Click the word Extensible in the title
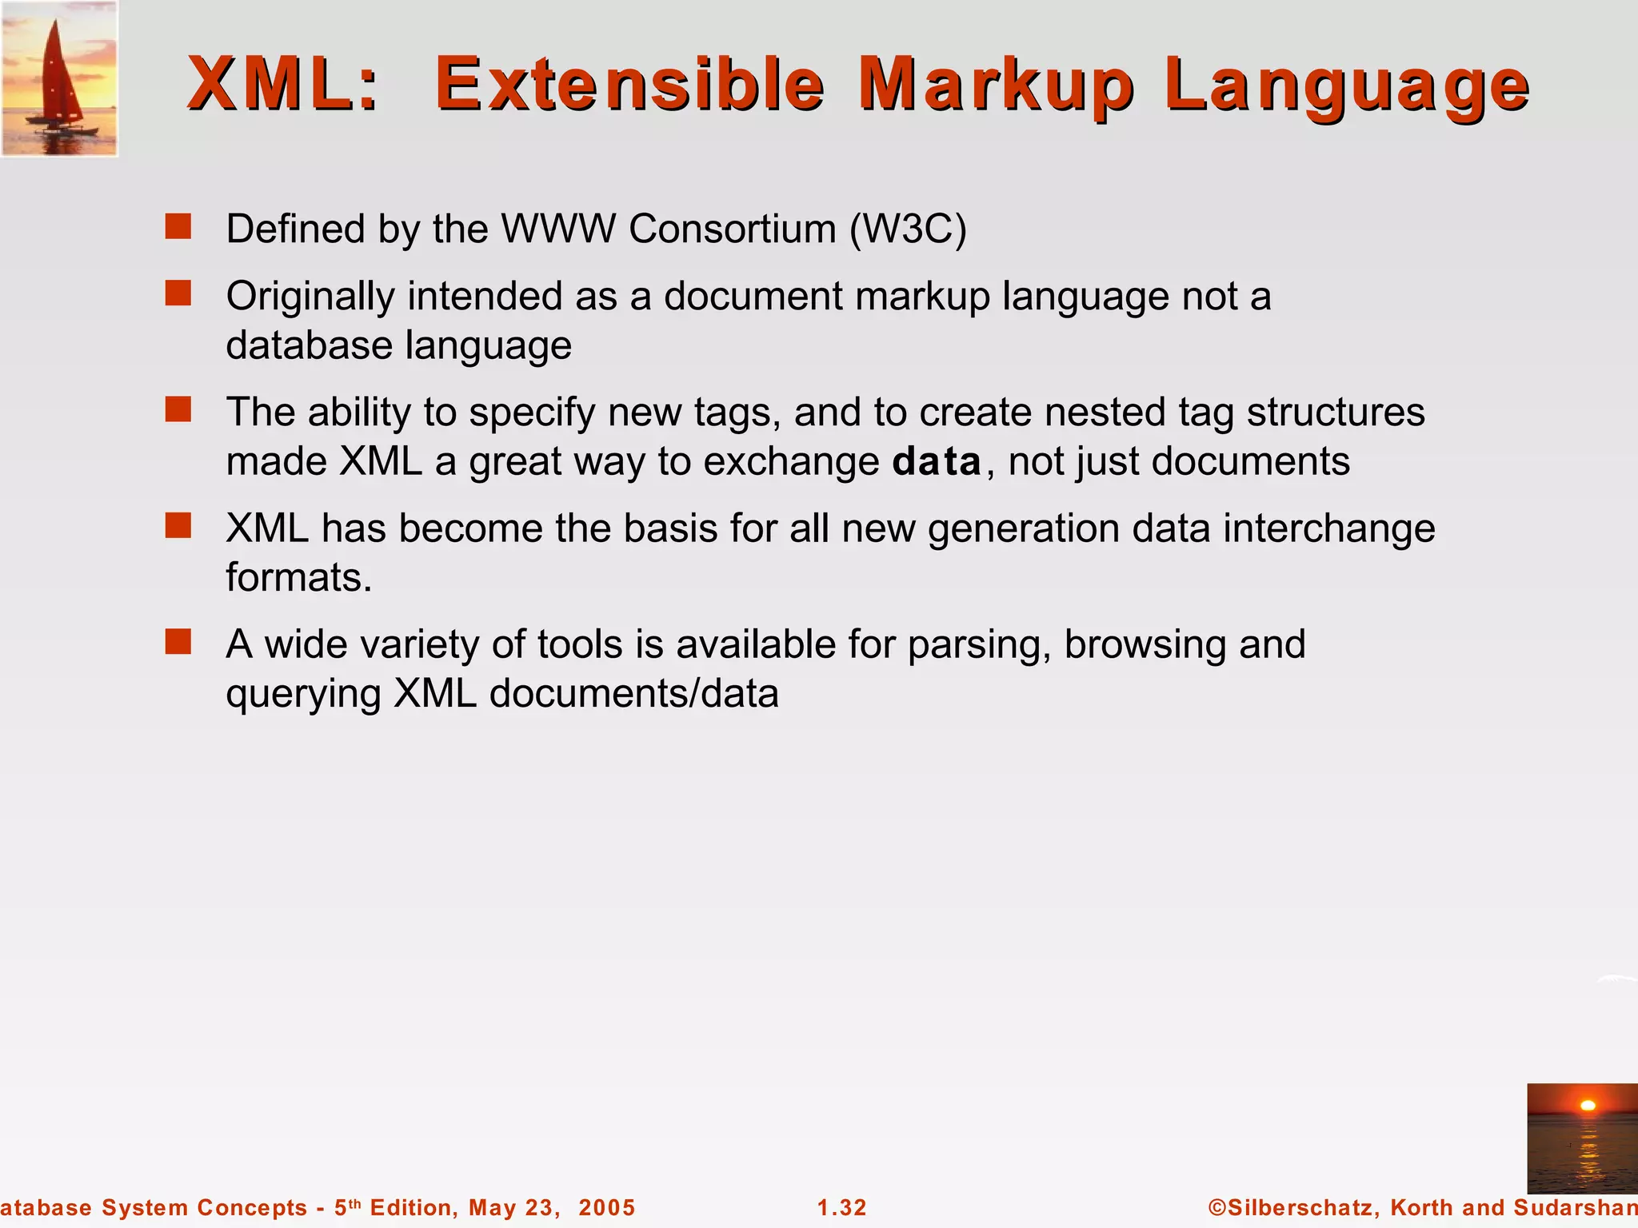(x=629, y=85)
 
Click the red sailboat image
(x=59, y=78)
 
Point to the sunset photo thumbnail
(x=1581, y=1138)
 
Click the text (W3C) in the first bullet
(x=908, y=229)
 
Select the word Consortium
(x=732, y=229)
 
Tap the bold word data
(x=937, y=462)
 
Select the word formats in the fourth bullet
(x=298, y=577)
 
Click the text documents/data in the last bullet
(x=633, y=694)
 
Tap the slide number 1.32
(x=841, y=1207)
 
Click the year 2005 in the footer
(x=607, y=1207)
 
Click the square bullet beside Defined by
(x=178, y=227)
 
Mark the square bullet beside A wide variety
(x=178, y=642)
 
